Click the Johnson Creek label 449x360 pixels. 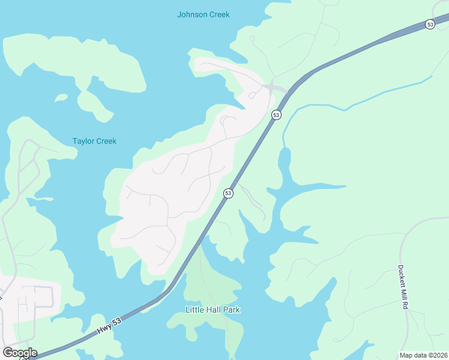click(x=203, y=14)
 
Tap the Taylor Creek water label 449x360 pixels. click(x=94, y=142)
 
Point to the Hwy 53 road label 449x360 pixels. click(x=109, y=326)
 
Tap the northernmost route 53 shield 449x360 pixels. click(x=430, y=24)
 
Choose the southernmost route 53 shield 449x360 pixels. click(x=228, y=193)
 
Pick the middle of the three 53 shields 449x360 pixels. click(x=276, y=115)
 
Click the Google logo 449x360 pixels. click(x=20, y=352)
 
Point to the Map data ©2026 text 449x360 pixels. click(x=423, y=355)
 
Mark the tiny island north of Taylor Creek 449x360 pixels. click(x=61, y=97)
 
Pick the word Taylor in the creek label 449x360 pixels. click(x=83, y=142)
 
